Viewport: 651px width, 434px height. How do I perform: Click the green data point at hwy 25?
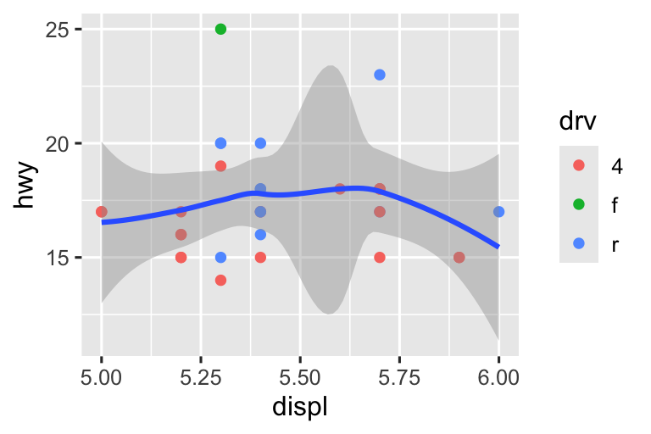point(220,29)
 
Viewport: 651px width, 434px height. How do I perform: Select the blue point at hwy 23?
point(380,75)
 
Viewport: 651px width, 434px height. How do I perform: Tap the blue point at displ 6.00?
point(498,212)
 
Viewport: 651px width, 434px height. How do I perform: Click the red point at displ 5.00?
point(102,212)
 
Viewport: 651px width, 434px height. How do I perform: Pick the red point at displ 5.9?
point(459,257)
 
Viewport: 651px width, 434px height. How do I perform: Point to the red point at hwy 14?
point(220,280)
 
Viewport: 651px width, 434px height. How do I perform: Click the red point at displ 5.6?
point(340,189)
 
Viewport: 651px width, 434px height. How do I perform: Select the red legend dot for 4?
point(579,166)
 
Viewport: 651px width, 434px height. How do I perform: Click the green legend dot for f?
point(579,205)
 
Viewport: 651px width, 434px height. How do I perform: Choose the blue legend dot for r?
point(579,244)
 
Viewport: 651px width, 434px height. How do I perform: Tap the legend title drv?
point(576,122)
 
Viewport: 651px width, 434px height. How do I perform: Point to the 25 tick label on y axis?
point(58,30)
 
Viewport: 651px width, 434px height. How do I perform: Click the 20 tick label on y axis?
point(58,143)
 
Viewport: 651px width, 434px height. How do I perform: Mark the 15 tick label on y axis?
point(58,258)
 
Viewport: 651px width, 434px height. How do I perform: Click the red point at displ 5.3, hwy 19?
point(220,166)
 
